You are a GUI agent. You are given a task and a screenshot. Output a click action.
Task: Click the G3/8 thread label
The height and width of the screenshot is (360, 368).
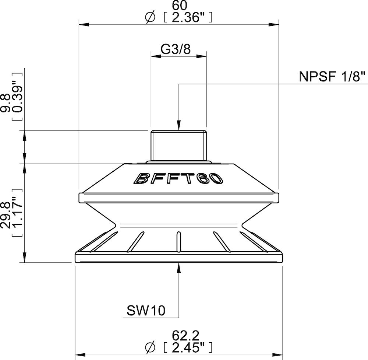tap(176, 49)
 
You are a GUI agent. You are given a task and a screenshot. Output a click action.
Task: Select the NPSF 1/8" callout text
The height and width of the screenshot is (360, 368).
tap(332, 78)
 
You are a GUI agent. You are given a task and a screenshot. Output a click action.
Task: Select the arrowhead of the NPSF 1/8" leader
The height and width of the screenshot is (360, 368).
tap(178, 126)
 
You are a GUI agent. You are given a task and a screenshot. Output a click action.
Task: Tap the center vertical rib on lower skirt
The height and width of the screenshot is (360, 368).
tap(178, 241)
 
